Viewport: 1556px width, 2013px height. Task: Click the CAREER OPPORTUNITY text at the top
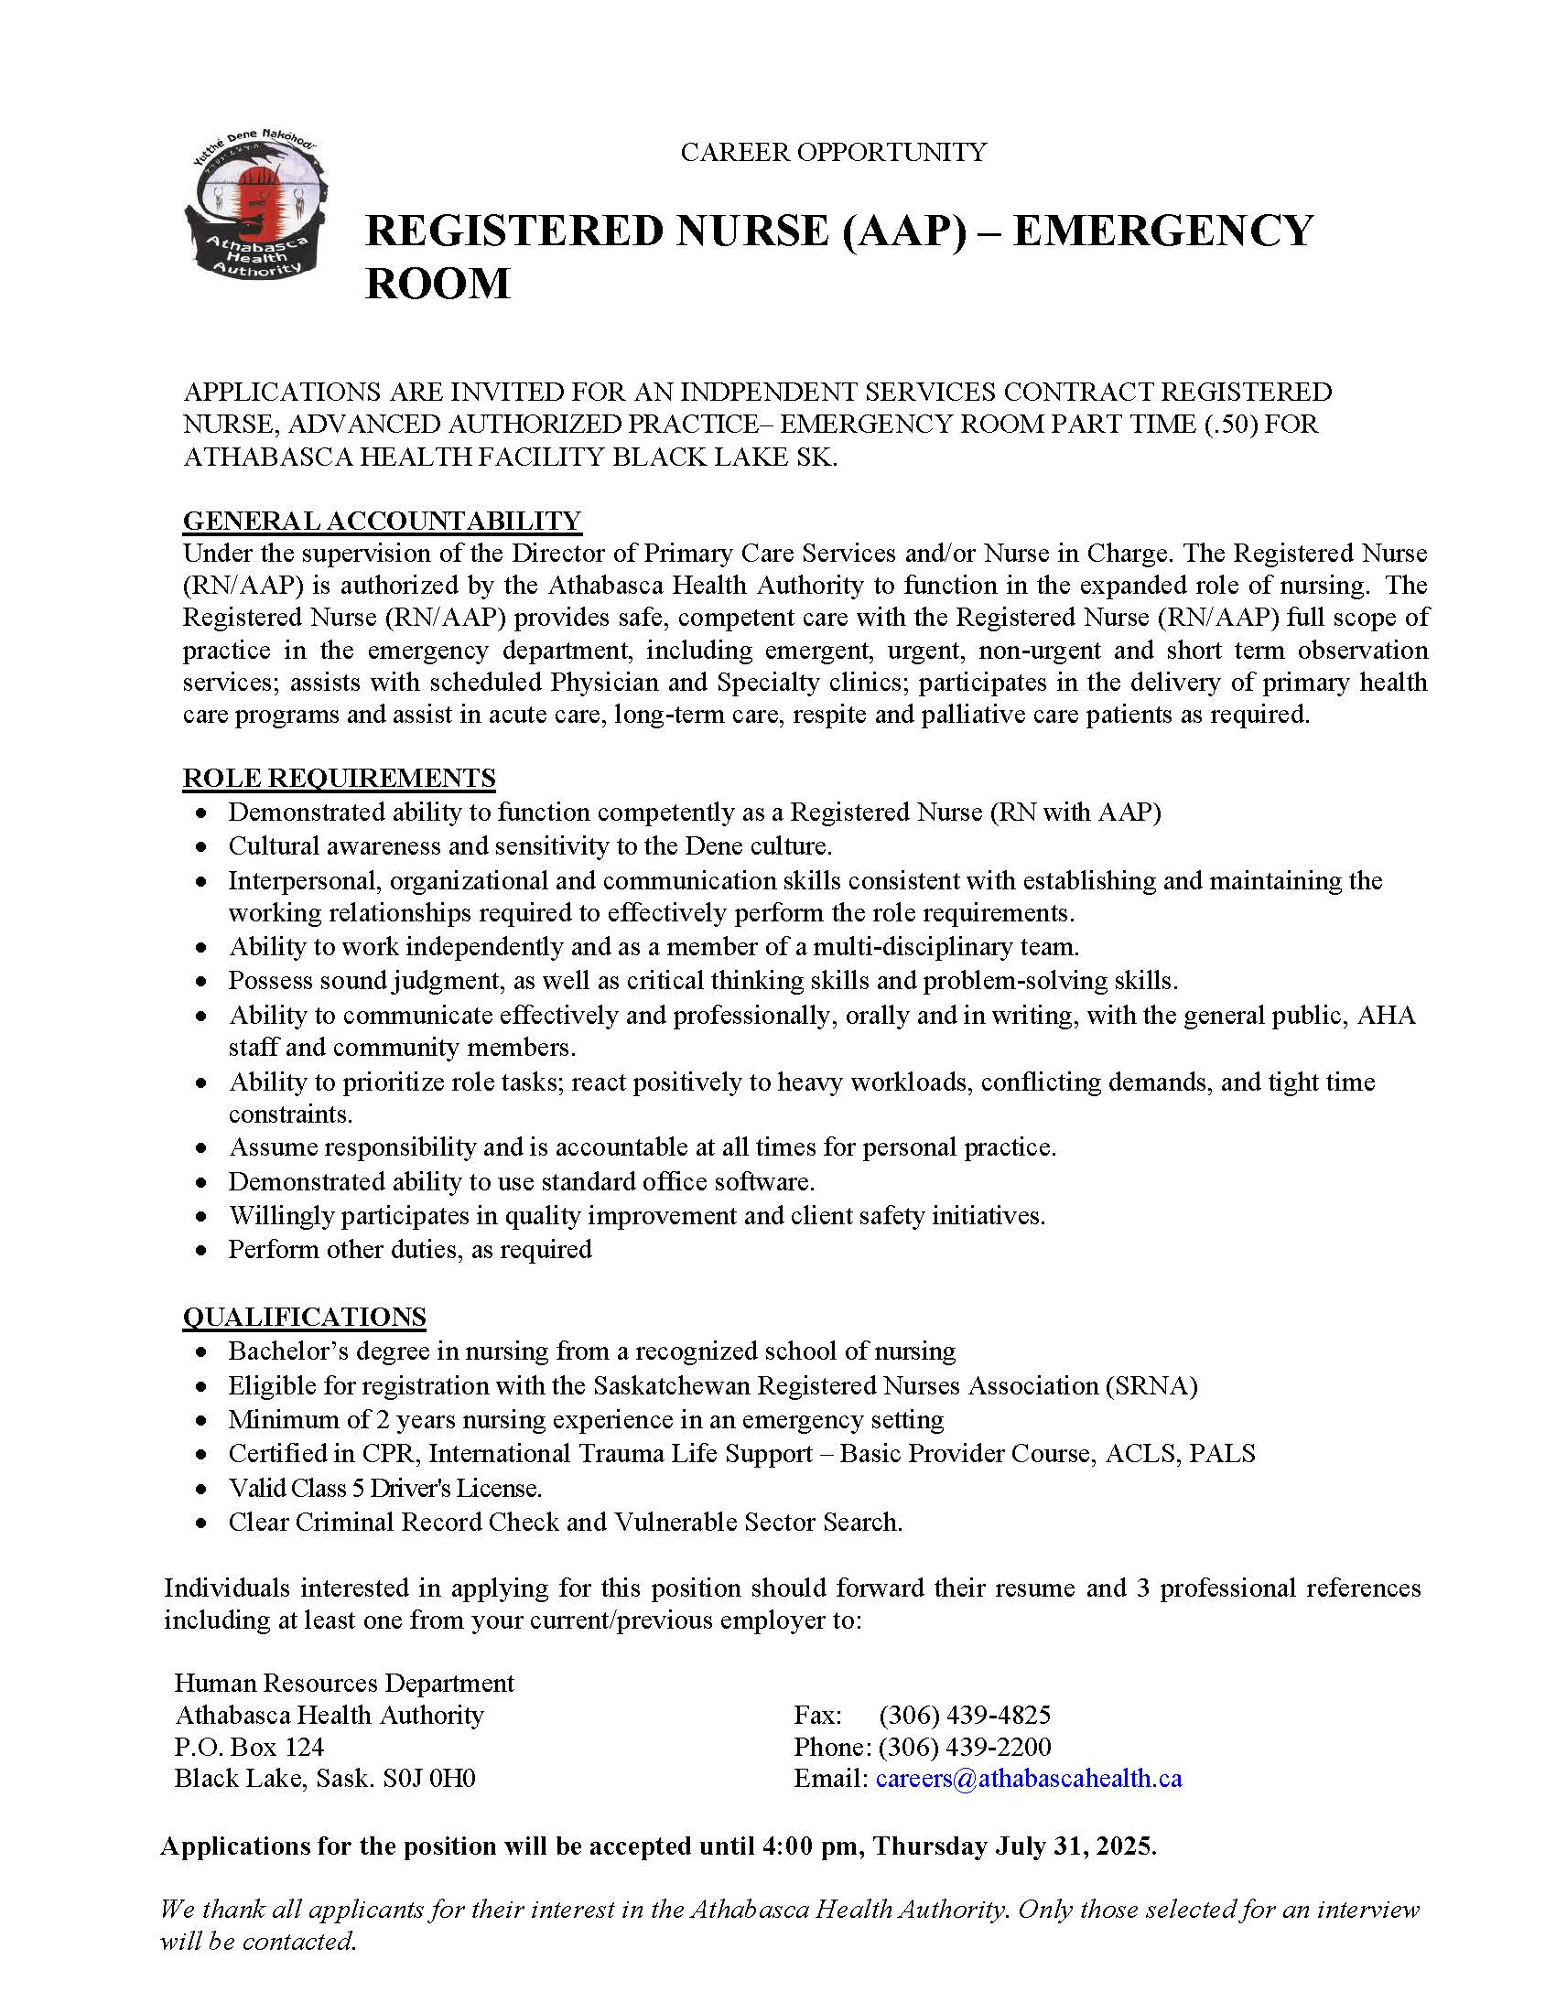click(x=833, y=152)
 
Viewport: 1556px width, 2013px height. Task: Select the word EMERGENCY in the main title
click(x=1162, y=231)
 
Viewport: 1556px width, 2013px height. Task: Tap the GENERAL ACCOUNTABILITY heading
click(x=382, y=521)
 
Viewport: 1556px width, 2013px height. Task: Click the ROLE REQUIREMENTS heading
click(x=339, y=778)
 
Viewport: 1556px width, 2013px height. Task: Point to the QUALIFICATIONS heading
click(x=304, y=1316)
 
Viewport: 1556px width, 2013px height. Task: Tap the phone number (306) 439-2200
click(x=964, y=1747)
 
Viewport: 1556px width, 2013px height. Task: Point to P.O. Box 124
click(x=249, y=1747)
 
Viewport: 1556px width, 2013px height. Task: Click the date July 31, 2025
click(x=1074, y=1846)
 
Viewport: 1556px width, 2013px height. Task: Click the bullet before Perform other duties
click(x=202, y=1252)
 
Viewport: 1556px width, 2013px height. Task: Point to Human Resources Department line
click(x=344, y=1683)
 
